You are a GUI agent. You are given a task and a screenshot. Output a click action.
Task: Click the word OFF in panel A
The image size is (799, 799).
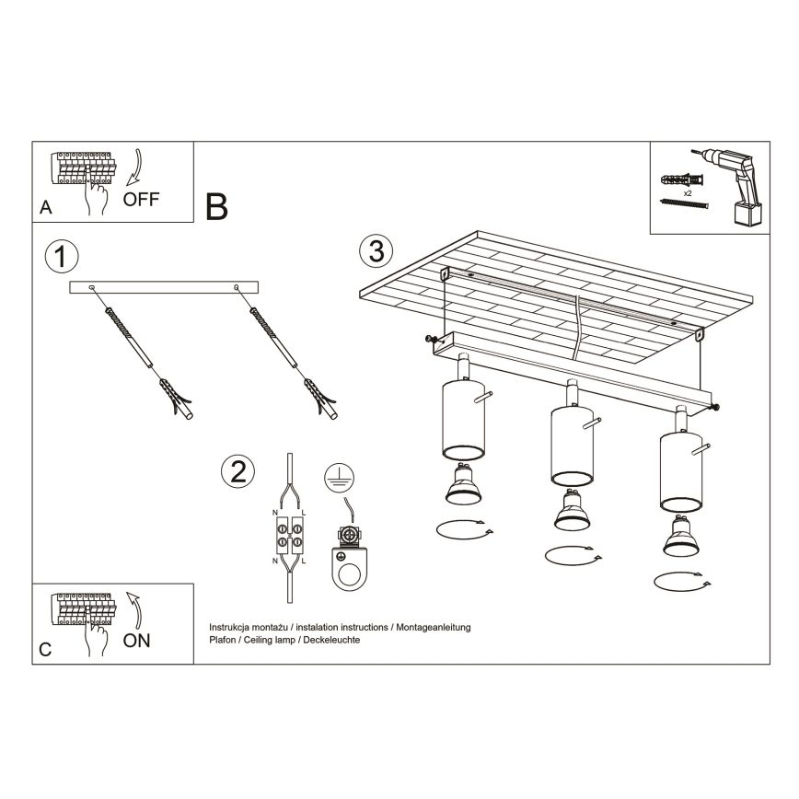142,200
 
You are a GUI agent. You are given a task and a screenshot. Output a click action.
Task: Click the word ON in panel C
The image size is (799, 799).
137,641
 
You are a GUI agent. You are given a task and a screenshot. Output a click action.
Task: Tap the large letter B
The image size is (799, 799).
216,207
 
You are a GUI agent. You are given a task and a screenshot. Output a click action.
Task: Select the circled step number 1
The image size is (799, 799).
60,257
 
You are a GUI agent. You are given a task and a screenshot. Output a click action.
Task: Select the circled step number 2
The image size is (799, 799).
237,471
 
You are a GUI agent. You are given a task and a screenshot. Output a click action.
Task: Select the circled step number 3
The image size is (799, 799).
376,249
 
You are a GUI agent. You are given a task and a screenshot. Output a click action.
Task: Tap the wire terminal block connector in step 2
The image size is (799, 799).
290,535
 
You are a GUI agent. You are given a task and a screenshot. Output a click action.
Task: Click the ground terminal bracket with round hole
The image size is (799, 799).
350,562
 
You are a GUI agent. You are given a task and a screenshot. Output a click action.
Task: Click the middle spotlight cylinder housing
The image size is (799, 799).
571,446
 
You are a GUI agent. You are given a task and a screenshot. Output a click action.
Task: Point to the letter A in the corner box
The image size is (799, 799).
45,209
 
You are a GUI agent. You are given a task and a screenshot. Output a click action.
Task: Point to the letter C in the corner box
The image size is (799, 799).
45,650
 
